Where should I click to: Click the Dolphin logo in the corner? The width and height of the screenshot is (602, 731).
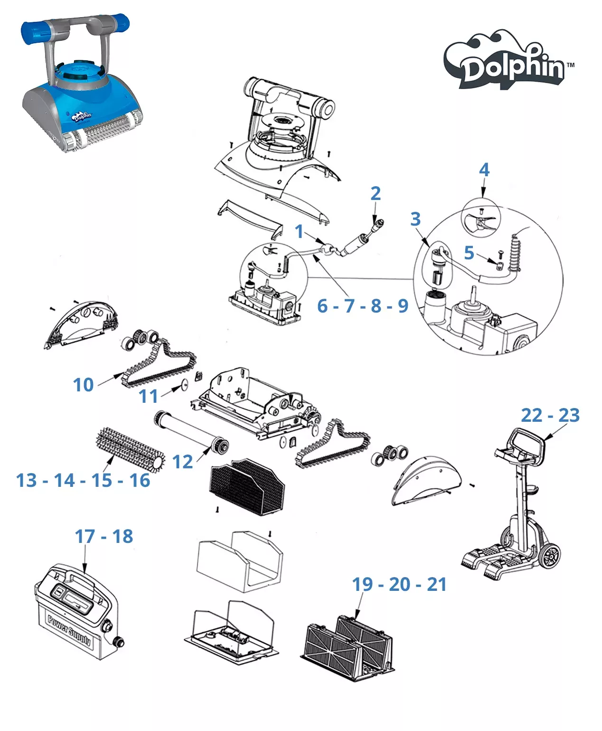[x=508, y=62]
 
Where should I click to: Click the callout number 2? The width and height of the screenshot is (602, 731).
[x=376, y=193]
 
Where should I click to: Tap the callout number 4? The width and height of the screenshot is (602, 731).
[x=484, y=170]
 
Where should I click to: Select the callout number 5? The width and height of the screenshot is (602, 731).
[x=469, y=253]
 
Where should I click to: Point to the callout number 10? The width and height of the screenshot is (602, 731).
[x=84, y=384]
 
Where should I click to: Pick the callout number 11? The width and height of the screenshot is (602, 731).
[x=148, y=396]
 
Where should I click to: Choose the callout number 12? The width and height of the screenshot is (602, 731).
[x=182, y=462]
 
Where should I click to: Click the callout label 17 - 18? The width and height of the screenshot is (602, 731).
[x=104, y=536]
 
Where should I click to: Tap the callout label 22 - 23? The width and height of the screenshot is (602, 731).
[x=550, y=415]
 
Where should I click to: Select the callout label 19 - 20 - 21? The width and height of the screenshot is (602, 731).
[x=399, y=584]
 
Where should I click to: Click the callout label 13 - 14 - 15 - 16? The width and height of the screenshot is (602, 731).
[x=84, y=480]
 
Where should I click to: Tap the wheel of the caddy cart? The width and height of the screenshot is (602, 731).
[x=550, y=555]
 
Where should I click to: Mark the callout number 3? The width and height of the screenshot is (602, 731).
[x=415, y=219]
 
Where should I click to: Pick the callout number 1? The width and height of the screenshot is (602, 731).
[x=299, y=231]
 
